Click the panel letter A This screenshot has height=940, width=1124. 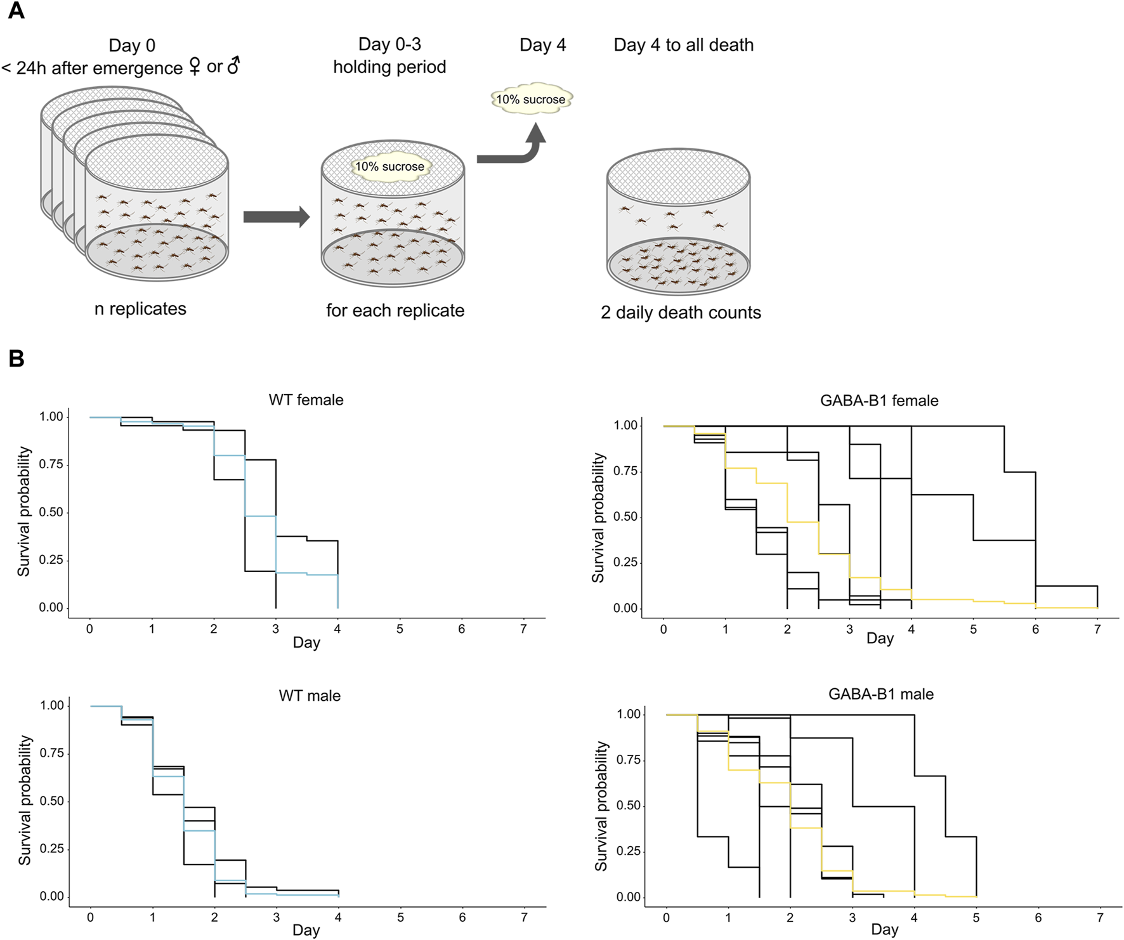(x=16, y=11)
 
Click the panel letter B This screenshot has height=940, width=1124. (x=16, y=358)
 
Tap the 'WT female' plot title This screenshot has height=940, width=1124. (x=306, y=400)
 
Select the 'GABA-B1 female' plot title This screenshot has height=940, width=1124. (x=879, y=401)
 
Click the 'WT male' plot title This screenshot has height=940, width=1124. (x=310, y=696)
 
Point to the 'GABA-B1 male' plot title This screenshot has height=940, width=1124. (x=880, y=695)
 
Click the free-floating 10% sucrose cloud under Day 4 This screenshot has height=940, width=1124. (x=531, y=100)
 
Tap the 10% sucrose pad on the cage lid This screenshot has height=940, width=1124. (x=389, y=167)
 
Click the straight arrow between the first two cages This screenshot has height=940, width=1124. (x=276, y=217)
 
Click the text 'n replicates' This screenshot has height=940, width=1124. (x=140, y=309)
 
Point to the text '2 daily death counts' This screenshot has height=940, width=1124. (x=681, y=313)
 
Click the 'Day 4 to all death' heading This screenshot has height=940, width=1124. (x=683, y=45)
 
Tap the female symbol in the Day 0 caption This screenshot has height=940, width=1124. (x=195, y=66)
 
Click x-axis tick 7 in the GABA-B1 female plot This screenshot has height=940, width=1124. (x=1097, y=629)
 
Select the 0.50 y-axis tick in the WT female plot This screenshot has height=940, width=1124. (x=51, y=512)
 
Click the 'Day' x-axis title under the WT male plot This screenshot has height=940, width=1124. (x=306, y=930)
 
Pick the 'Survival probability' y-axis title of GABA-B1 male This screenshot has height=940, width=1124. (x=600, y=806)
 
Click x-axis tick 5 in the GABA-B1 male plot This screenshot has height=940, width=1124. (x=976, y=918)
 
